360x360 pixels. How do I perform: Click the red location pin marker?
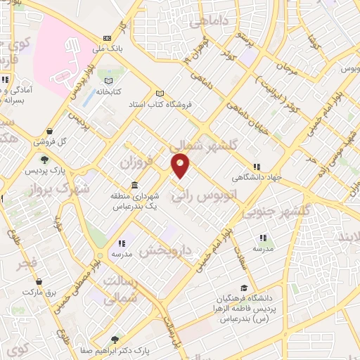click(x=181, y=166)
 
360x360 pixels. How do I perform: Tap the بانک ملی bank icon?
click(x=106, y=38)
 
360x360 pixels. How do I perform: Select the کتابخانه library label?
click(x=109, y=92)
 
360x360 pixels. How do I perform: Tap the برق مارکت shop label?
click(x=43, y=291)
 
